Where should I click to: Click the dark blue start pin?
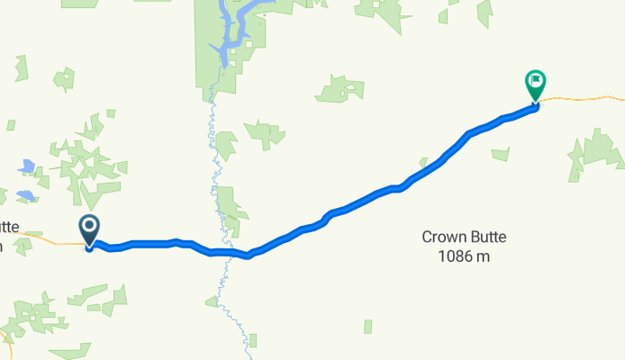click(x=90, y=230)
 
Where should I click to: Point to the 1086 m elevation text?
click(x=464, y=256)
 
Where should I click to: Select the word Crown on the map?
click(x=445, y=238)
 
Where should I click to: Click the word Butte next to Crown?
click(x=487, y=238)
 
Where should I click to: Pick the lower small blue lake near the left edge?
click(x=25, y=195)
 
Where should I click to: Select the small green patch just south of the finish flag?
click(x=501, y=154)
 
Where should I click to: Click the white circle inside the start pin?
click(x=90, y=227)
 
